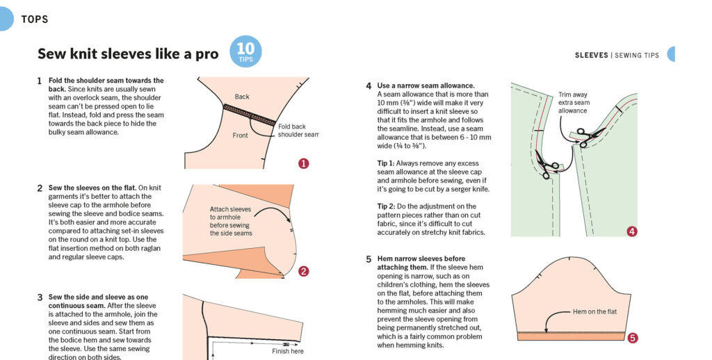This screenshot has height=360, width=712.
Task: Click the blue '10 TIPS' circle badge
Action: [245, 51]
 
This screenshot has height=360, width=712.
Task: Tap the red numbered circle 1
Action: [303, 163]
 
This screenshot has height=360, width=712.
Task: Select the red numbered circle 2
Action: [303, 272]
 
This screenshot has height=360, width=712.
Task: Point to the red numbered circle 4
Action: [631, 231]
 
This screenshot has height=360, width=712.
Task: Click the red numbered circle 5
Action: [632, 338]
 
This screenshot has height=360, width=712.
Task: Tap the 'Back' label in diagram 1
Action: [242, 97]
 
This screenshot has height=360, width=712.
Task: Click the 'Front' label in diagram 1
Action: [240, 136]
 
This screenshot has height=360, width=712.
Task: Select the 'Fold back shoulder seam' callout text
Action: [298, 130]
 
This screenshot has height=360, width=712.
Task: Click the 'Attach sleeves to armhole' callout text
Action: [231, 221]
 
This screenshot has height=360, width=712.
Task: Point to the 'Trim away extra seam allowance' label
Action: [574, 103]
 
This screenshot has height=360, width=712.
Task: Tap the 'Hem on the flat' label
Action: [595, 311]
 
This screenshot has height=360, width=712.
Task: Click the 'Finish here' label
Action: [288, 351]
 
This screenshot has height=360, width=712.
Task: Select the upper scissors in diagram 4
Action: [588, 136]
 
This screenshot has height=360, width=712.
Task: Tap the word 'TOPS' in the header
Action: [35, 19]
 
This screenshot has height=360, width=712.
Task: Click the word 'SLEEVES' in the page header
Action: [591, 56]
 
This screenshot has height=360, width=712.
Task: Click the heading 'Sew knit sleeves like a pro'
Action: [128, 54]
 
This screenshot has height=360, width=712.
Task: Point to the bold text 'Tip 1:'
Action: [386, 163]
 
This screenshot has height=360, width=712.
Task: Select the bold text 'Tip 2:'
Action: [386, 206]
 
